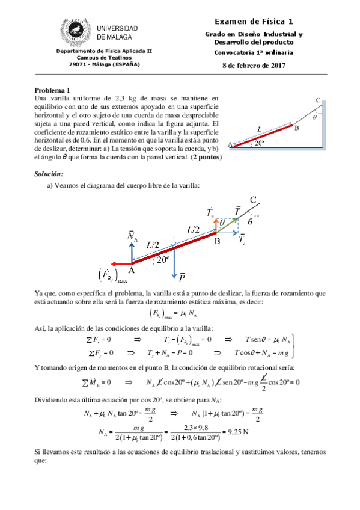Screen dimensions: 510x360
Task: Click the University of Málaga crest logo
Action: [x=76, y=31]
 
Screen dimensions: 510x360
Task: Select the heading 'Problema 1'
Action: [x=52, y=88]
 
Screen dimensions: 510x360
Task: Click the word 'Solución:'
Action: [x=49, y=174]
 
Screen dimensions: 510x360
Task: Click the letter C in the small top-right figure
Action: [x=317, y=100]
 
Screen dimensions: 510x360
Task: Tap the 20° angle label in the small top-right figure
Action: [x=259, y=143]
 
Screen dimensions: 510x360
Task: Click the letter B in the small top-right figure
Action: [x=296, y=127]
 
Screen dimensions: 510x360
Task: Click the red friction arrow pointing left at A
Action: [x=120, y=263]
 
